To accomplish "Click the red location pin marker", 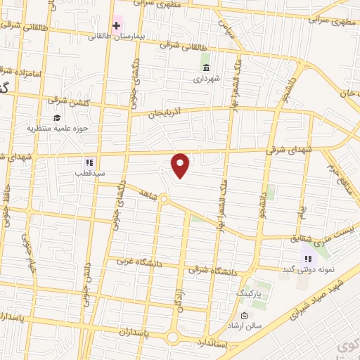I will tap(181, 165).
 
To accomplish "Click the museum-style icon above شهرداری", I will tap(206, 67).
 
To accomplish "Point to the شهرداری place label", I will tap(207, 79).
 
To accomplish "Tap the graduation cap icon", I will tap(56, 117).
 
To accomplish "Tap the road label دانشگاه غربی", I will tap(133, 262).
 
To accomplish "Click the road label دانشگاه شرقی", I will tap(213, 269).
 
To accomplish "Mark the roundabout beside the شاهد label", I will tap(163, 200).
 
